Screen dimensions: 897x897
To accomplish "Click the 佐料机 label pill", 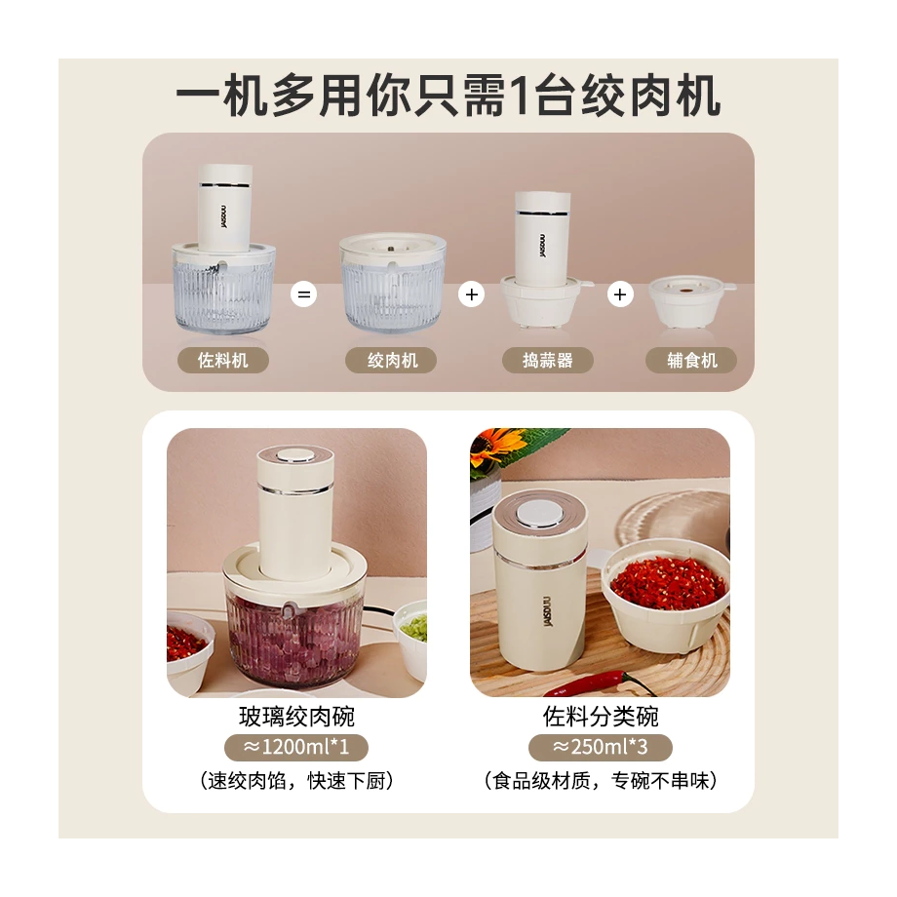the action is [x=223, y=360].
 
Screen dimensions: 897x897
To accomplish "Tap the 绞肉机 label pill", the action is [x=391, y=360].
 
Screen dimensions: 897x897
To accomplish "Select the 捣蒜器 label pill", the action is [x=548, y=360].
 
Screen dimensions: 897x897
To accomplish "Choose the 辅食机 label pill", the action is [x=691, y=360].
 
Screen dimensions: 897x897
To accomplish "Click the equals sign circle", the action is [x=304, y=294].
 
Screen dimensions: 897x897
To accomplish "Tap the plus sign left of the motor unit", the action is [x=471, y=294].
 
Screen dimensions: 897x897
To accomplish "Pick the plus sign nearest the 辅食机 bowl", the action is [x=620, y=294].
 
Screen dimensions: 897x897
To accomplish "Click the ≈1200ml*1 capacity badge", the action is [x=296, y=747].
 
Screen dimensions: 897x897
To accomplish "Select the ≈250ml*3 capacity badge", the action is [x=600, y=747].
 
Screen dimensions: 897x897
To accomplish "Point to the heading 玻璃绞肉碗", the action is [x=296, y=717].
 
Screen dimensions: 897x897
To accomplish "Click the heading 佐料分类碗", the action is [x=600, y=717].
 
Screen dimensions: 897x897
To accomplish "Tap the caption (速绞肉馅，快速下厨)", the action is [x=296, y=780].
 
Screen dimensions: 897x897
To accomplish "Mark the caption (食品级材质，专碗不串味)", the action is [x=600, y=780].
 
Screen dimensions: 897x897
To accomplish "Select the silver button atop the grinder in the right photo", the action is [x=539, y=513].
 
